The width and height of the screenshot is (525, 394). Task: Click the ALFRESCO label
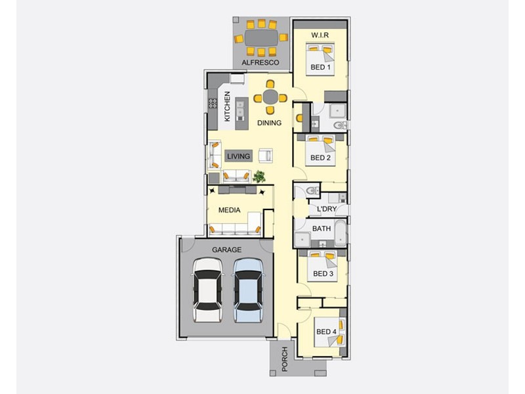261,62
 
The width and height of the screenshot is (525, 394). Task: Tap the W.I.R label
320,34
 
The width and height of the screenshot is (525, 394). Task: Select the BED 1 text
320,67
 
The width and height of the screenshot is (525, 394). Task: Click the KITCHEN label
227,106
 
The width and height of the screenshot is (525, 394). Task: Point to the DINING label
269,123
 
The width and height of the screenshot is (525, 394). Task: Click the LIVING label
238,156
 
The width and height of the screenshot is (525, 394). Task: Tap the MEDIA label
229,210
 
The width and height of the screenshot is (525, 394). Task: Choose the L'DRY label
326,209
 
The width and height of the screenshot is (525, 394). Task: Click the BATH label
321,229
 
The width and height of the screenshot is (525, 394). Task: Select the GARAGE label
226,250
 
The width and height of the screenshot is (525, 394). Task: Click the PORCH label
284,359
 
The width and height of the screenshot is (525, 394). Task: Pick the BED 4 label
326,332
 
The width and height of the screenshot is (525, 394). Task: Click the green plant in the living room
259,176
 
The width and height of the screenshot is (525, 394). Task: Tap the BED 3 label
324,274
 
